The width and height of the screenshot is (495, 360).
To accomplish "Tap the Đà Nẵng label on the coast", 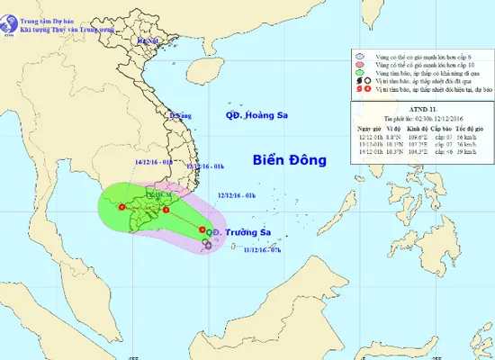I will [x=183, y=115].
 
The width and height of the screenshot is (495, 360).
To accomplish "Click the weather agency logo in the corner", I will [x=10, y=13].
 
